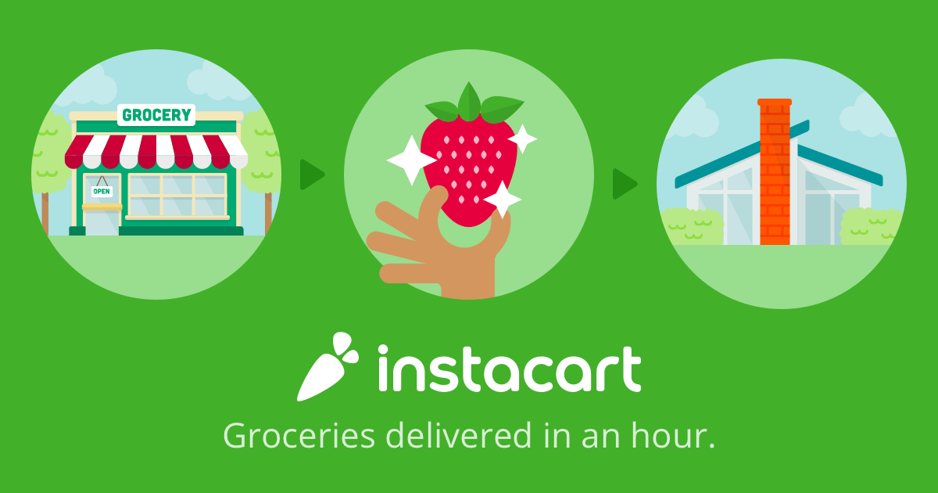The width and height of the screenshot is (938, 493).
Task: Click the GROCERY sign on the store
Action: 156,115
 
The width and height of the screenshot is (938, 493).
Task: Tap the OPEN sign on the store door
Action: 102,192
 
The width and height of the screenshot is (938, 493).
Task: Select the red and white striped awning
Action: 156,151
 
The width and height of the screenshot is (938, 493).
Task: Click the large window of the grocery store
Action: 177,196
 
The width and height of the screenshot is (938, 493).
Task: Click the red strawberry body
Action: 468,172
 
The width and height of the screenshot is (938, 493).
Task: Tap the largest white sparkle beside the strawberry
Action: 411,160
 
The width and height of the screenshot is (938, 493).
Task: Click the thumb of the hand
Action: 431,205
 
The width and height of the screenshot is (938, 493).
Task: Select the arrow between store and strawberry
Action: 312,175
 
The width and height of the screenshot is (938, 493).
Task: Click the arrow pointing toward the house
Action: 625,184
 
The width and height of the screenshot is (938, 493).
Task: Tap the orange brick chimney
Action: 775,172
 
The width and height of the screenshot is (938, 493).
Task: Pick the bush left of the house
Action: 692,227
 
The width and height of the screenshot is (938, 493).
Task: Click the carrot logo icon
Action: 328,366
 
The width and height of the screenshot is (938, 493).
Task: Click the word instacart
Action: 509,369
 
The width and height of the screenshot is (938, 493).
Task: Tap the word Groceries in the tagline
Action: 299,436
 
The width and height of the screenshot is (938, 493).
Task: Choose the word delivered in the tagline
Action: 459,435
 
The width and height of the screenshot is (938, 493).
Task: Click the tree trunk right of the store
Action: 268,213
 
